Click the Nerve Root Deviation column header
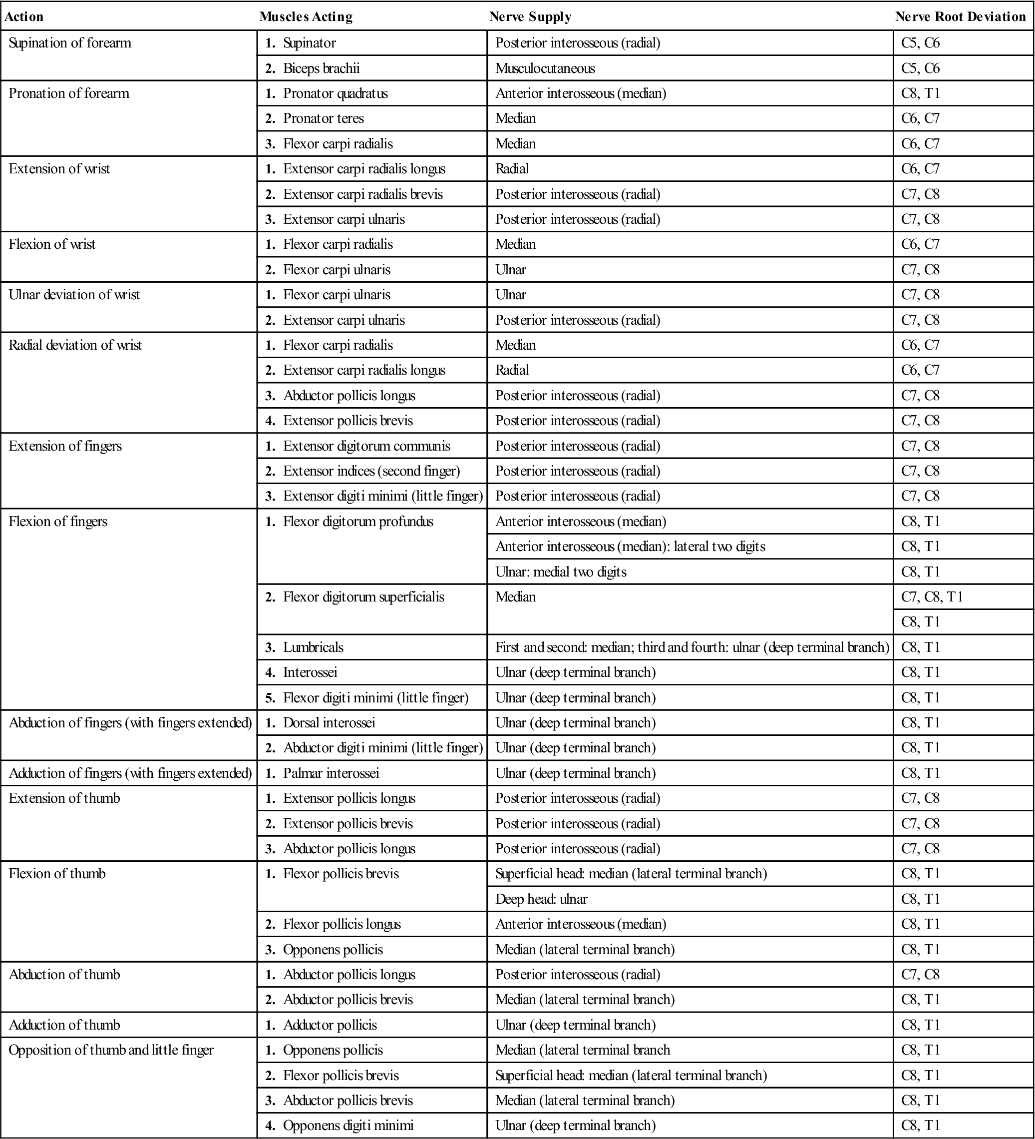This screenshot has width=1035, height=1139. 960,17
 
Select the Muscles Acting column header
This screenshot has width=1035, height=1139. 306,17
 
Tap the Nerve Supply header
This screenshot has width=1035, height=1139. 530,17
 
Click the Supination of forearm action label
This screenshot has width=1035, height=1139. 70,43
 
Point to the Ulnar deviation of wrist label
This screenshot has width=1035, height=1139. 74,295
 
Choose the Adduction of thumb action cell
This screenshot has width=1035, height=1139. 64,1025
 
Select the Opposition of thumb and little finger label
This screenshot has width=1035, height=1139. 111,1050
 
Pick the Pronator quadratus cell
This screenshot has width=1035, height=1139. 336,93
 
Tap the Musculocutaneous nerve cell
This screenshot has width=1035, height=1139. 545,68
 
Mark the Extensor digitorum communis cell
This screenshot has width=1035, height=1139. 366,446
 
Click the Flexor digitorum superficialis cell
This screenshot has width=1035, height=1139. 363,597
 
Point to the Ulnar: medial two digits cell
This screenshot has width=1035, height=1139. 561,572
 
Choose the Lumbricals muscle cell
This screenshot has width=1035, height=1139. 313,647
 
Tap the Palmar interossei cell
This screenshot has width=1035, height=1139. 331,773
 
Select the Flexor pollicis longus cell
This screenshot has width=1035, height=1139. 342,924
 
